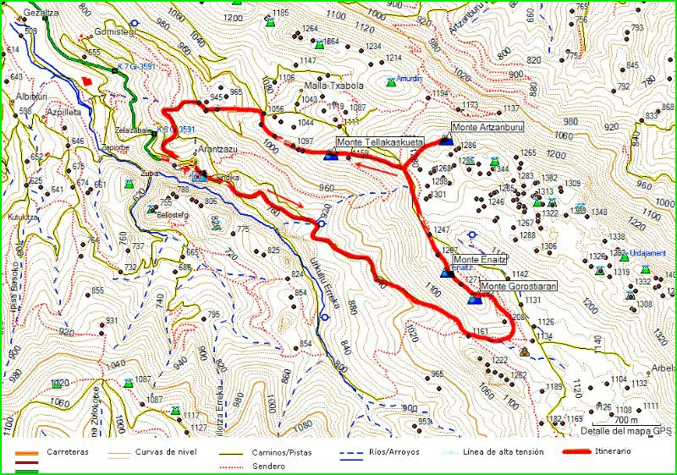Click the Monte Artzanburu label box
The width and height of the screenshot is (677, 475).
[x=488, y=128]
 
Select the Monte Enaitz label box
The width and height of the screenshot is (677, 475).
[x=479, y=259]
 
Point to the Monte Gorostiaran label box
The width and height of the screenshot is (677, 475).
[x=518, y=287]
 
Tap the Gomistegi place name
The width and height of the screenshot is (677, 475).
[x=116, y=30]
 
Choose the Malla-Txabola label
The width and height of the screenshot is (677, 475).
[x=333, y=86]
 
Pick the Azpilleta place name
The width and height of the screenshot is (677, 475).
[x=63, y=111]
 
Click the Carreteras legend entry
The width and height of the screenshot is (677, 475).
[x=67, y=452]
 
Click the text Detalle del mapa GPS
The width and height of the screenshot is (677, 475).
[x=626, y=431]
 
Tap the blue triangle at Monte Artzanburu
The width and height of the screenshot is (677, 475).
[x=446, y=141]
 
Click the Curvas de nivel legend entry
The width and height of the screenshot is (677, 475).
[x=165, y=452]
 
